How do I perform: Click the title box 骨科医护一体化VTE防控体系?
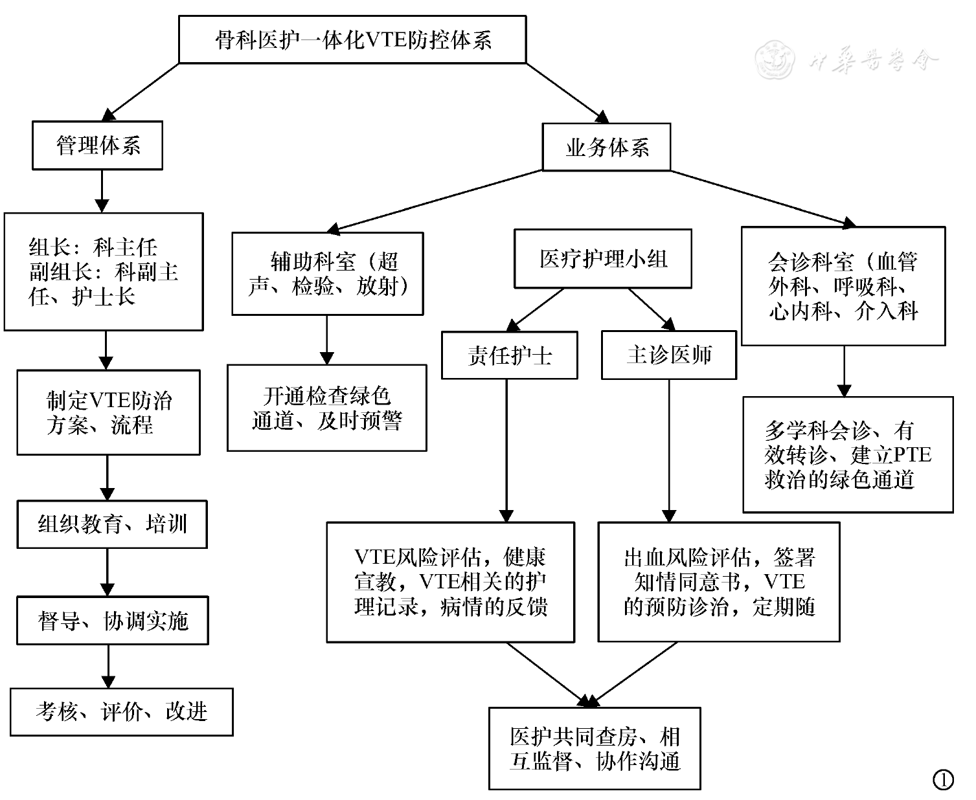coord(352,40)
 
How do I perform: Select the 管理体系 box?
coord(97,146)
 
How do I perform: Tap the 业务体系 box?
coord(606,148)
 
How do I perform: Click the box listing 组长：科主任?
coord(104,272)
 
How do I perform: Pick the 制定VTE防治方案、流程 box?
coord(109,412)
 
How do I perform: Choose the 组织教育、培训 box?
coord(112,524)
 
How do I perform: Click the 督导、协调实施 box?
coord(113,621)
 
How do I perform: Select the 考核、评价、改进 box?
coord(122,712)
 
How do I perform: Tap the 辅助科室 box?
coord(328,274)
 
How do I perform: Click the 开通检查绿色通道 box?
coord(327,408)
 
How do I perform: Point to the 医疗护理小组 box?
coord(603,259)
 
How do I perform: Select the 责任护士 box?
coord(509,355)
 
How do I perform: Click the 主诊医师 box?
coord(669,355)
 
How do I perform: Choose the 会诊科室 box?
coord(843,285)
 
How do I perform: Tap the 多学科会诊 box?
coord(848,454)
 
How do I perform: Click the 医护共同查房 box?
coord(595,748)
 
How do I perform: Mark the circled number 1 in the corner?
coord(943,779)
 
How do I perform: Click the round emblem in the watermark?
coord(775,60)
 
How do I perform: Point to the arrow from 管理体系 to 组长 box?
coord(101,191)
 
